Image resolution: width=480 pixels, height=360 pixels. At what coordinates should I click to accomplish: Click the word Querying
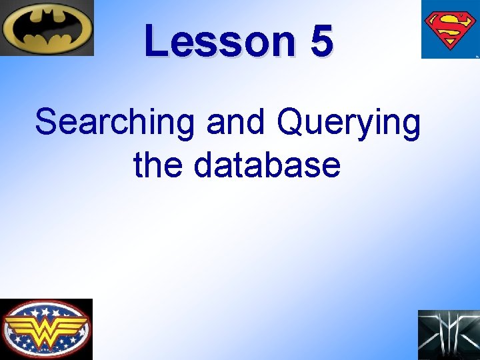pyautogui.click(x=348, y=125)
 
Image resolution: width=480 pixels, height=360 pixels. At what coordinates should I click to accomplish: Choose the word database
pyautogui.click(x=267, y=165)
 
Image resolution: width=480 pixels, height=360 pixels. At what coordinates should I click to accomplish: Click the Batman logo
pyautogui.click(x=47, y=28)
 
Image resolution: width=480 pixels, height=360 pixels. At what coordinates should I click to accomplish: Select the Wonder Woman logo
pyautogui.click(x=46, y=329)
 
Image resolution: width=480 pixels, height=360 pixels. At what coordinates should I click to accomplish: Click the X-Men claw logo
pyautogui.click(x=449, y=335)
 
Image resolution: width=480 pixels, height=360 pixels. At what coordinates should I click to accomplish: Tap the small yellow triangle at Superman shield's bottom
pyautogui.click(x=449, y=48)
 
